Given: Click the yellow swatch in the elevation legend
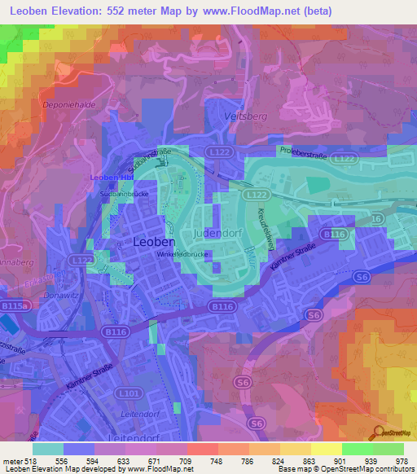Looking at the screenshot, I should click(x=327, y=449).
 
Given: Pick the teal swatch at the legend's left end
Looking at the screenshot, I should click(x=48, y=449).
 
